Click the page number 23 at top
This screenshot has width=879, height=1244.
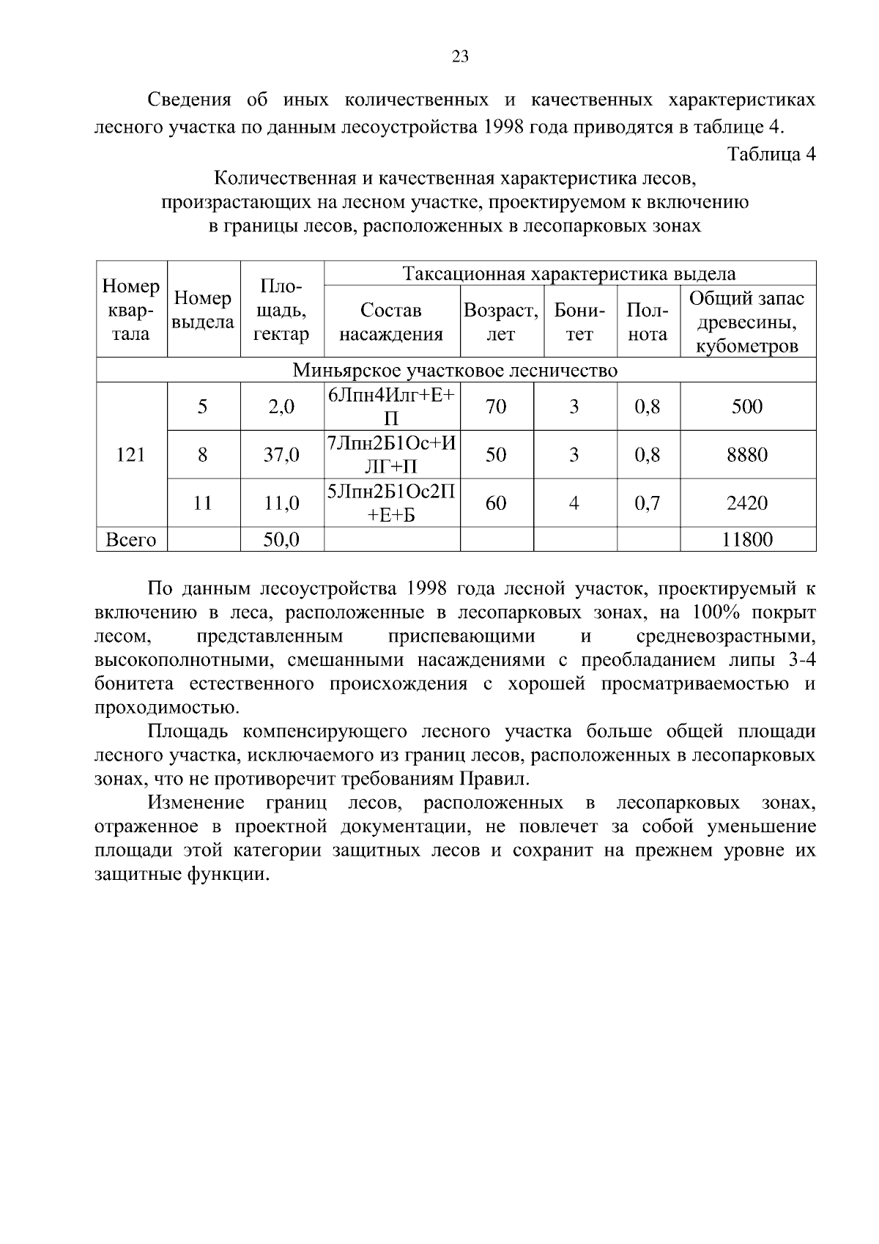point(460,57)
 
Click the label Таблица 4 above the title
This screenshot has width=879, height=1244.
point(771,154)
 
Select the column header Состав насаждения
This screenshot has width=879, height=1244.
point(391,322)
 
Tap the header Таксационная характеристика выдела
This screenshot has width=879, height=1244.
point(569,274)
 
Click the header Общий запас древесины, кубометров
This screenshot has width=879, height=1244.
point(746,322)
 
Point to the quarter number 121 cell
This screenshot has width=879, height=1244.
point(131,455)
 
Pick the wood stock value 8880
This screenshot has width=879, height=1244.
point(746,455)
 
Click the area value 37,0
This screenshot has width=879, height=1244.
point(281,455)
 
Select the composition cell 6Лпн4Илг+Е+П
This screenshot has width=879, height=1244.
point(391,407)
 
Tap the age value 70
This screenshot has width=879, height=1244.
point(496,407)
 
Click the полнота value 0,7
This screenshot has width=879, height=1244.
point(648,503)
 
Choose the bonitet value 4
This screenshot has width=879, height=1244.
point(574,503)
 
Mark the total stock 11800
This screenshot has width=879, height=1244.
point(746,540)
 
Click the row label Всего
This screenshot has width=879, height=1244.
point(131,540)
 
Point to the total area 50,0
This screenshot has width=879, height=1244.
point(281,540)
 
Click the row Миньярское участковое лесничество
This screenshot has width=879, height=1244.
point(455,371)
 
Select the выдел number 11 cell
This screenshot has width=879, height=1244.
point(203,503)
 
